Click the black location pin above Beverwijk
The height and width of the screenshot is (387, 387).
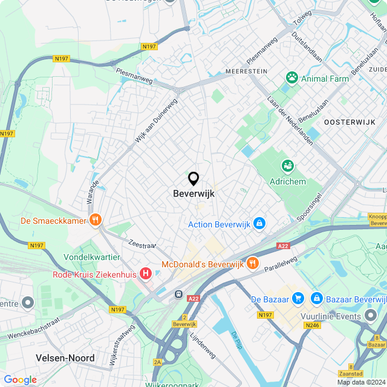[x=193, y=179]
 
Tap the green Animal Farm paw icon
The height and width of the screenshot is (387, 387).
[x=293, y=78]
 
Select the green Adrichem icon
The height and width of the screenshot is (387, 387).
[x=287, y=166]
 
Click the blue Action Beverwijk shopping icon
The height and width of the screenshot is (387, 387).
[x=259, y=224]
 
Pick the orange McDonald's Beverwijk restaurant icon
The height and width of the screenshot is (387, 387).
[x=253, y=264]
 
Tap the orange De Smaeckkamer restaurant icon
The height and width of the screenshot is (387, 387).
[x=94, y=221]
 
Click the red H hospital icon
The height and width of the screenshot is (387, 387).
[x=145, y=274]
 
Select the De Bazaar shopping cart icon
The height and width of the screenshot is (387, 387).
[x=298, y=299]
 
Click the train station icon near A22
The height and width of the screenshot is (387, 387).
[x=179, y=294]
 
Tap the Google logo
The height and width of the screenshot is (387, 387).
[x=20, y=379]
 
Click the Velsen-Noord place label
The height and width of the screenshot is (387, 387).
[x=65, y=358]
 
